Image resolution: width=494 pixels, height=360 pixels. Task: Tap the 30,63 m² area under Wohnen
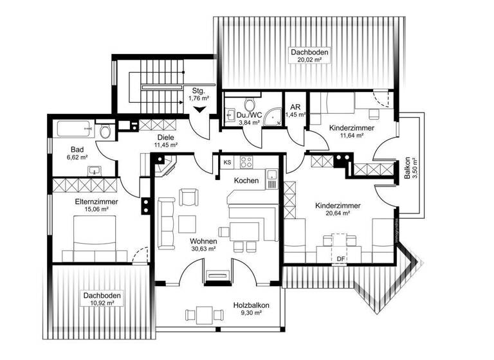tap(203, 248)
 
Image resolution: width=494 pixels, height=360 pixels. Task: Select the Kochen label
tap(246, 181)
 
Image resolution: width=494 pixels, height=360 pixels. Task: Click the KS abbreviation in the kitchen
tap(227, 163)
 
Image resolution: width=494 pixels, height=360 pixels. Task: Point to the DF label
tap(341, 259)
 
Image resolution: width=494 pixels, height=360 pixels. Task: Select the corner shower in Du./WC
tap(276, 116)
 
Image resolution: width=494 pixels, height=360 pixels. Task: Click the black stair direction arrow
tap(199, 110)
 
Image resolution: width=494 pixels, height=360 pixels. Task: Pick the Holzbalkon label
tap(250, 305)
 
